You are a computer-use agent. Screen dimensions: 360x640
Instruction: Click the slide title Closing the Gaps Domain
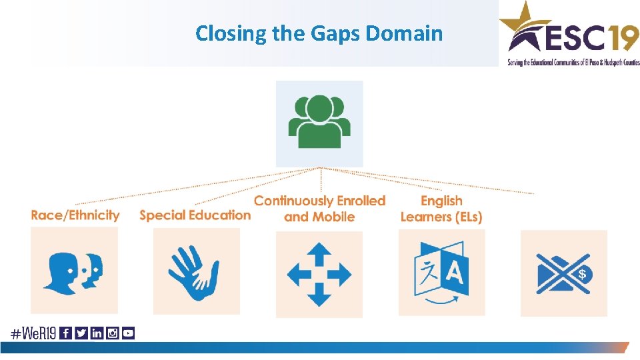pyautogui.click(x=319, y=33)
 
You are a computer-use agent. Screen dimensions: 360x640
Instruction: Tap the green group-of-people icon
pyautogui.click(x=319, y=122)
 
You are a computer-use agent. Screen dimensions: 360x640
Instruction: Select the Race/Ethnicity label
pyautogui.click(x=75, y=215)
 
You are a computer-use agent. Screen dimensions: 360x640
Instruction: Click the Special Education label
pyautogui.click(x=195, y=215)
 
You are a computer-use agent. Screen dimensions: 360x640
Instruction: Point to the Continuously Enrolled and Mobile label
pyautogui.click(x=319, y=209)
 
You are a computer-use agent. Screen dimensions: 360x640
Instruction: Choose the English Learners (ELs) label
pyautogui.click(x=441, y=209)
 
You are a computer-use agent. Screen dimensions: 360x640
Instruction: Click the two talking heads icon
pyautogui.click(x=74, y=270)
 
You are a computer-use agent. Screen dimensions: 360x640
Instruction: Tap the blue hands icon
pyautogui.click(x=195, y=271)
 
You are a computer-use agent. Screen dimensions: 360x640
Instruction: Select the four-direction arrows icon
pyautogui.click(x=319, y=273)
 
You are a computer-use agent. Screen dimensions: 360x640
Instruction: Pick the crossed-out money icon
pyautogui.click(x=563, y=274)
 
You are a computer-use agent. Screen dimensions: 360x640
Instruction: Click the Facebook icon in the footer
pyautogui.click(x=66, y=333)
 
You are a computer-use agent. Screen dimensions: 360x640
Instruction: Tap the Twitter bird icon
pyautogui.click(x=81, y=333)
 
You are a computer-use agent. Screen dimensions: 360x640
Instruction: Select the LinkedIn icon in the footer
pyautogui.click(x=97, y=333)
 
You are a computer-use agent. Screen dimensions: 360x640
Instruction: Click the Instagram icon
pyautogui.click(x=112, y=333)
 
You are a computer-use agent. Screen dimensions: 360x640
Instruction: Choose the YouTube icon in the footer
pyautogui.click(x=128, y=333)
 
